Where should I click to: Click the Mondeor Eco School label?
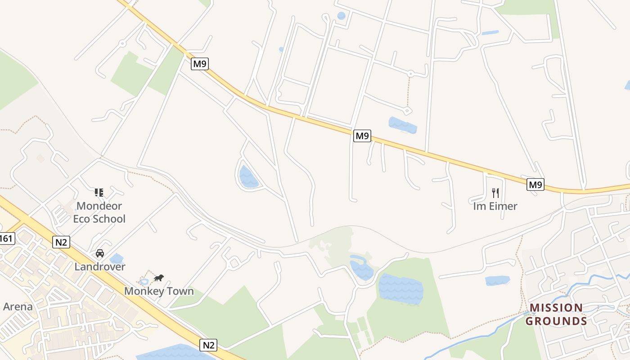99,212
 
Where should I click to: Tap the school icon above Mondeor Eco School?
99,193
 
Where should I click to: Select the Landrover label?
100,266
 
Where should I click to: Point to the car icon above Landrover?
100,253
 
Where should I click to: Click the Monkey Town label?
159,291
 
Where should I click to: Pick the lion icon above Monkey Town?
159,278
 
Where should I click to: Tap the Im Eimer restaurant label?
495,206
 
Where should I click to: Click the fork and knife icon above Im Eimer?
495,193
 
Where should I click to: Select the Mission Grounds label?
556,314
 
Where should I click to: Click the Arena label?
18,306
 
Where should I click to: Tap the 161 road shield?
6,238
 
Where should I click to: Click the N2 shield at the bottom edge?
208,345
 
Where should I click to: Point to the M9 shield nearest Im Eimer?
535,184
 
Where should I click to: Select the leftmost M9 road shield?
199,64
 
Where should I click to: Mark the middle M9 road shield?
362,135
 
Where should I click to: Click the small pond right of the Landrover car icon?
117,259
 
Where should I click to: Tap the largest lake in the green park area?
400,288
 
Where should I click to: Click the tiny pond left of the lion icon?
144,282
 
